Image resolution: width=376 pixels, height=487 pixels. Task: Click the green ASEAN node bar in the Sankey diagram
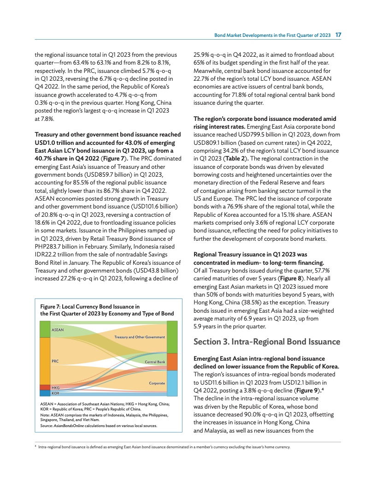point(45,329)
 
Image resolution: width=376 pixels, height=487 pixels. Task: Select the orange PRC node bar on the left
point(45,361)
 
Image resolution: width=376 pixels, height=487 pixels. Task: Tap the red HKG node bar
point(45,387)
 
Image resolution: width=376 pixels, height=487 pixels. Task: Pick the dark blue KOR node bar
point(45,393)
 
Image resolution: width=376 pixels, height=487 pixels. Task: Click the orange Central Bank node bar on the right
point(171,362)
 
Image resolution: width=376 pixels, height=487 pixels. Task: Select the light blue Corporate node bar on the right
point(171,383)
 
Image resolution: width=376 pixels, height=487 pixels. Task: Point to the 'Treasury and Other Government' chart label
point(139,337)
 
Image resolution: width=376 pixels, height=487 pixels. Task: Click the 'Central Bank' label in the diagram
point(155,362)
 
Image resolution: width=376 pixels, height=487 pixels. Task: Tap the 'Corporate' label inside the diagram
point(157,384)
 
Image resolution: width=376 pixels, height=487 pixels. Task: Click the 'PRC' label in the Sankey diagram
point(55,361)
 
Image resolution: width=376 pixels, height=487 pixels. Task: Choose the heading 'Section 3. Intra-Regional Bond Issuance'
point(267,342)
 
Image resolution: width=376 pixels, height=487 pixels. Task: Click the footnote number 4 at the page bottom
point(35,447)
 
